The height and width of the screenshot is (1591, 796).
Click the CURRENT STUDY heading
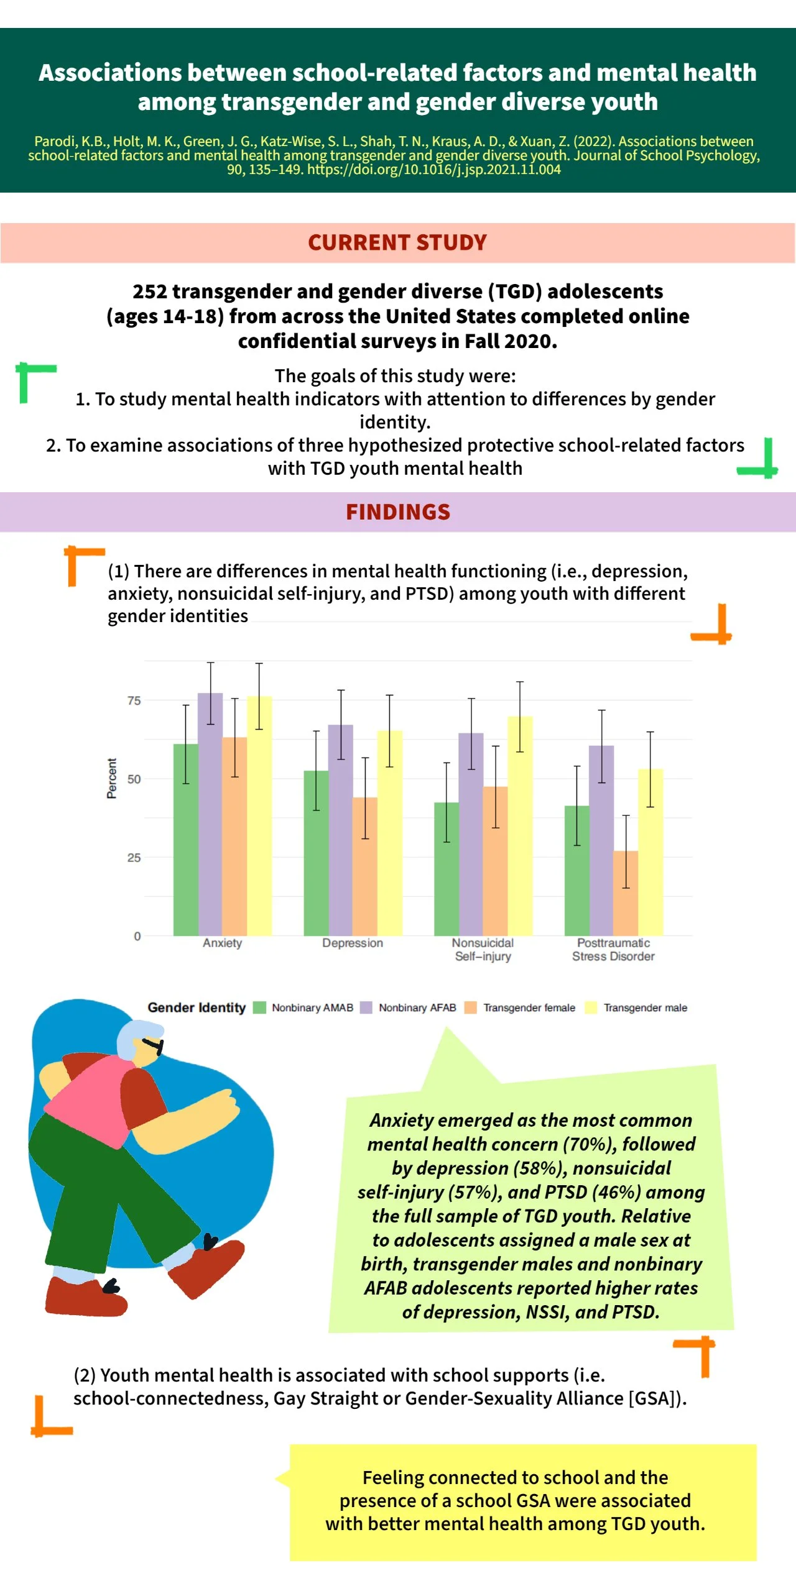point(397,242)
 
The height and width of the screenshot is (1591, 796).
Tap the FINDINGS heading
point(398,512)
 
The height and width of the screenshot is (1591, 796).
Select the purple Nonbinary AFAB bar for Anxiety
point(210,814)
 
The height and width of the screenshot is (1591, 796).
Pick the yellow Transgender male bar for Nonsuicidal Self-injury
point(520,827)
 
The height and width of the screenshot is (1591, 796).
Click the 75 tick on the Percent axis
point(134,701)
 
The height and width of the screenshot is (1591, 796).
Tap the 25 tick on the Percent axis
point(134,858)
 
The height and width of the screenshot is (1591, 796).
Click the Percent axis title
point(112,778)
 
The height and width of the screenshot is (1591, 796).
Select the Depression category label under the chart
point(353,943)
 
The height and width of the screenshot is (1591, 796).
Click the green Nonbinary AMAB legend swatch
point(259,1007)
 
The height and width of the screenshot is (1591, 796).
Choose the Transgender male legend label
point(645,1007)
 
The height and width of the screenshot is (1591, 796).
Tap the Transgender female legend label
point(529,1007)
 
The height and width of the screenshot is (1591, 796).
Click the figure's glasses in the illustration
point(153,1045)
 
